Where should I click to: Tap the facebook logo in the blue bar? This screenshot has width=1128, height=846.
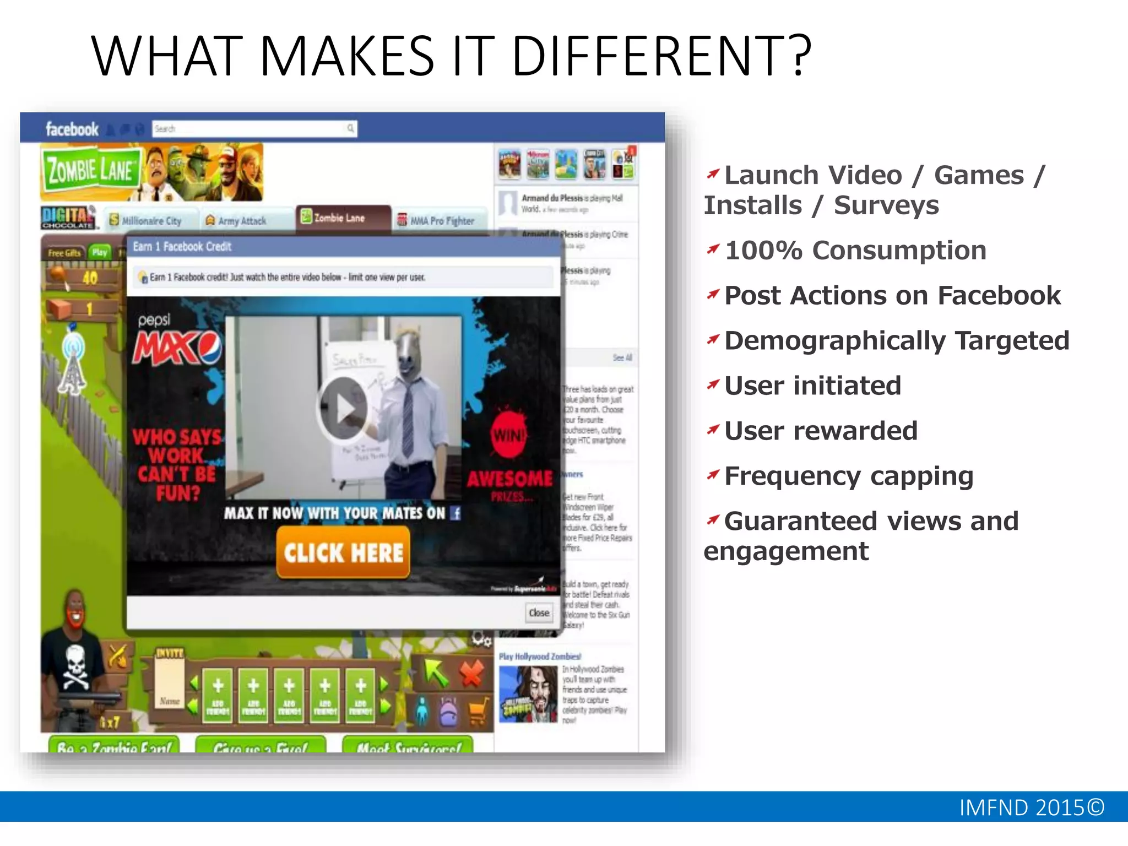[x=72, y=129]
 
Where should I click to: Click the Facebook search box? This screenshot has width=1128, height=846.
[x=253, y=129]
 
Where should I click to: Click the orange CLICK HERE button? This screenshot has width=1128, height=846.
[x=343, y=552]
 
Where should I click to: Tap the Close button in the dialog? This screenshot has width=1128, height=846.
[x=539, y=613]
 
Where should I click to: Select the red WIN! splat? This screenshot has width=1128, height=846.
[x=508, y=435]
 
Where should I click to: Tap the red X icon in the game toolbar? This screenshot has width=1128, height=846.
[x=471, y=673]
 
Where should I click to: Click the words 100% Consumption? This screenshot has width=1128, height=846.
[x=855, y=251]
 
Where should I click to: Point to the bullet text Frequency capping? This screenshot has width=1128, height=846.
[x=848, y=476]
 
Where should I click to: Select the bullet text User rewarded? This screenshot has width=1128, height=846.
[x=821, y=431]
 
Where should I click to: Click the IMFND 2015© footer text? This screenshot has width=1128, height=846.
[x=1031, y=807]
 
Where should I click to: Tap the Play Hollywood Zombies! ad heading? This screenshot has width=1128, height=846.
[x=540, y=657]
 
